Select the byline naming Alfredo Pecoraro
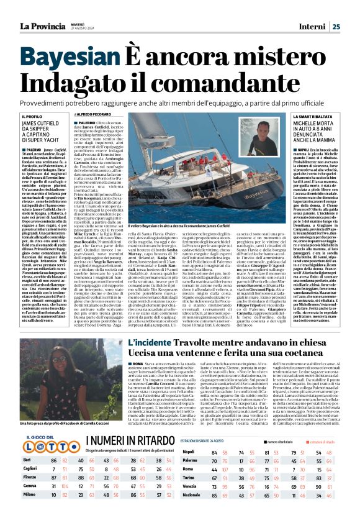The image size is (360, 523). (112, 115)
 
